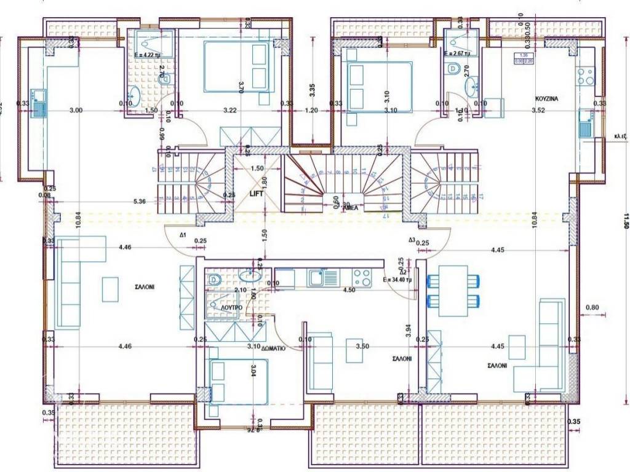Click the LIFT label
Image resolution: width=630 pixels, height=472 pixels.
pos(257,194)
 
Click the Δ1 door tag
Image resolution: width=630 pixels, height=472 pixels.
pos(183,235)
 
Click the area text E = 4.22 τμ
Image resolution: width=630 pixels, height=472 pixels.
pos(148,54)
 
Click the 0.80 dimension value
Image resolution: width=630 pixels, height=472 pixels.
pos(592,307)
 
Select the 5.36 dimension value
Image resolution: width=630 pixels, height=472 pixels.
pos(139,200)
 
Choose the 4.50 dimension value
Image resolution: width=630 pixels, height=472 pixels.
pos(348,290)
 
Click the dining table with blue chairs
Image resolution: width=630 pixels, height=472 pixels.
pos(453,291)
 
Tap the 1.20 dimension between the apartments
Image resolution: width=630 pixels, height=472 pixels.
pos(312,111)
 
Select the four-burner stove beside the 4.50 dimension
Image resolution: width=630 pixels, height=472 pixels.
pos(362,278)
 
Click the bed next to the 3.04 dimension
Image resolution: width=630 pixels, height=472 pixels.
pos(238,381)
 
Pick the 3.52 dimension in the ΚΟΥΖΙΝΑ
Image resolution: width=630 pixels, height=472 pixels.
pos(538,111)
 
